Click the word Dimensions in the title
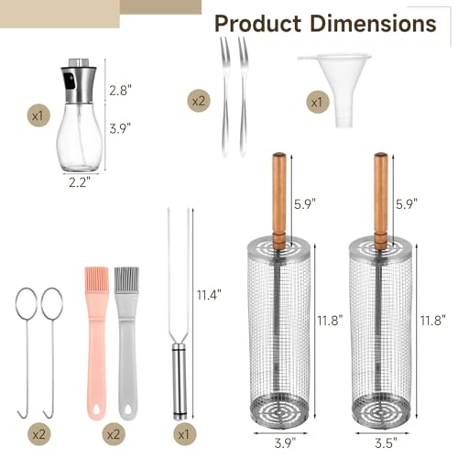point(373,24)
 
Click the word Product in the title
point(258,24)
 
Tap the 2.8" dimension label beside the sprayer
point(120,91)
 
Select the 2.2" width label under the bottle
point(80,182)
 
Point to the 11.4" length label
point(209,295)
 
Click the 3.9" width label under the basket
point(285,443)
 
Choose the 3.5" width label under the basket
point(386,443)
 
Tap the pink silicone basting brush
point(97,343)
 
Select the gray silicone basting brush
point(127,343)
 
